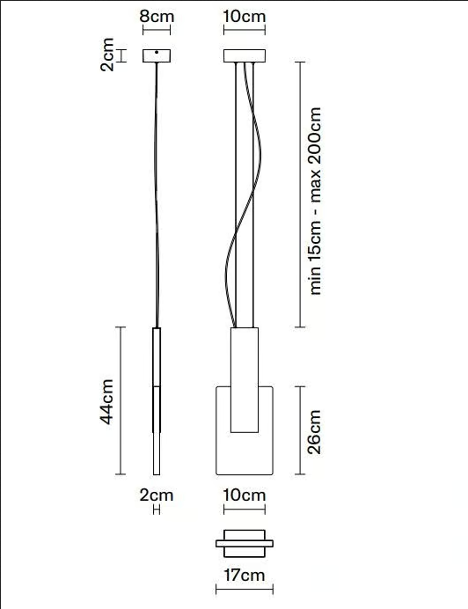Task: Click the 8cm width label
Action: (x=157, y=17)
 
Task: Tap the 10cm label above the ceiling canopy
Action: (x=245, y=17)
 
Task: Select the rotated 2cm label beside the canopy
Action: (x=107, y=55)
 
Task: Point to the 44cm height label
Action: (x=106, y=401)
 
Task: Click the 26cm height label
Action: (x=314, y=431)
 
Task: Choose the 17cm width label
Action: (x=245, y=575)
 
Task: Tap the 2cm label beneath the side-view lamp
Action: (x=157, y=495)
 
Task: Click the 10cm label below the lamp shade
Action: (x=245, y=495)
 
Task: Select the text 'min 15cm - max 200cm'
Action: (x=315, y=201)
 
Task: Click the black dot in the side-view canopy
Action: (x=157, y=52)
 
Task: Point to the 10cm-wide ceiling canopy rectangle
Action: (x=245, y=55)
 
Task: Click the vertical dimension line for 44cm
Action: (x=121, y=400)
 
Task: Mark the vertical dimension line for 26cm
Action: (x=300, y=430)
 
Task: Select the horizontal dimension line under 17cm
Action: (x=245, y=590)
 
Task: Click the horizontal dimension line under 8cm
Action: (x=157, y=30)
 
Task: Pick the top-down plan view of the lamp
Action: (x=245, y=544)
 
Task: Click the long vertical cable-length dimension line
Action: (x=300, y=194)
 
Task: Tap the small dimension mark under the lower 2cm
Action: (x=157, y=510)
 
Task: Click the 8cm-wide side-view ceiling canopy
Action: (x=157, y=56)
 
